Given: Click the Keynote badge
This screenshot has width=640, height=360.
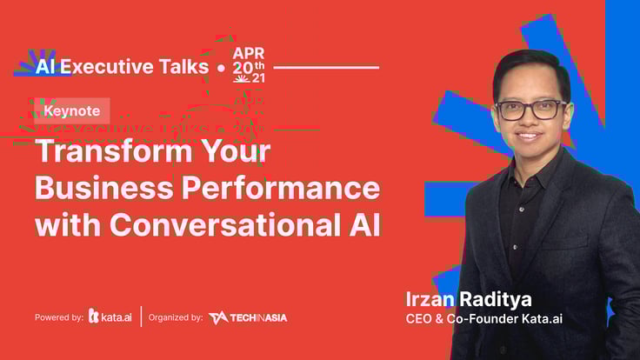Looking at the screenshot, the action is click(72, 110).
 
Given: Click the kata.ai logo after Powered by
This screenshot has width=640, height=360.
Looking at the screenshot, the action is click(110, 317).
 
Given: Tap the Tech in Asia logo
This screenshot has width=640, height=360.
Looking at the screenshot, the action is click(248, 317).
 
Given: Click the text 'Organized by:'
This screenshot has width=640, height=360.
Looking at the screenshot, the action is click(176, 317).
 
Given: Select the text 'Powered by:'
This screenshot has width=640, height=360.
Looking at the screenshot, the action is click(59, 317).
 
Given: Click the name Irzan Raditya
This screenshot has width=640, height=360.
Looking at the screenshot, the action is click(469, 299).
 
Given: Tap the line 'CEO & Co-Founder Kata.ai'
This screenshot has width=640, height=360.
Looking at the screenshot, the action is click(484, 319).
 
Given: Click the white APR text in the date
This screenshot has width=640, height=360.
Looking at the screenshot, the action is click(249, 53).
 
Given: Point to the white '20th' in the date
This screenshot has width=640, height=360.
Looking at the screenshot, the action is click(249, 67).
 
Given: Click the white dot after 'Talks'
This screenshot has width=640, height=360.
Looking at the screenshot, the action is click(221, 68).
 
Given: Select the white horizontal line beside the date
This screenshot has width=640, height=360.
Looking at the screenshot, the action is click(326, 67).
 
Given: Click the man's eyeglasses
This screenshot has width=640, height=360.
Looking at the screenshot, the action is click(531, 110).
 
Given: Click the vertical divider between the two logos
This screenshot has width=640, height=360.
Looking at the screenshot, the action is click(141, 317).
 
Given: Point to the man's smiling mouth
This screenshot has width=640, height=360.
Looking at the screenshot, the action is click(528, 136).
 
